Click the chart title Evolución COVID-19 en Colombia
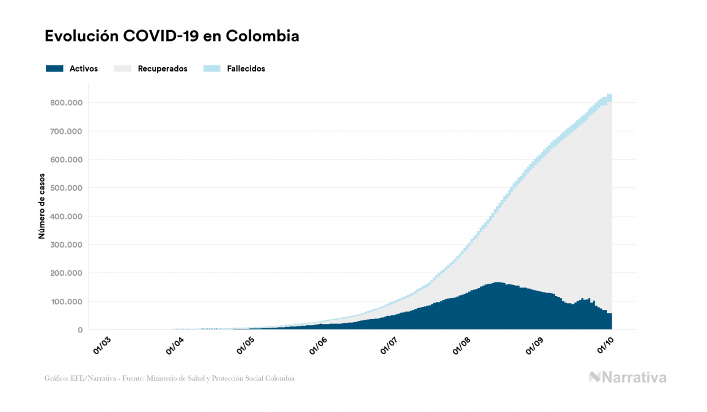tap(172, 36)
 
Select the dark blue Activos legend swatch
tap(54, 68)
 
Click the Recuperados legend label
tap(163, 69)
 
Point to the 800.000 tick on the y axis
tap(67, 103)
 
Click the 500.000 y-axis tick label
tap(67, 188)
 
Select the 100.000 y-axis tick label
tap(67, 301)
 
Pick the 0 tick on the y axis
tap(79, 330)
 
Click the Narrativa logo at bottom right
tap(628, 377)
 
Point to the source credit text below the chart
tap(169, 378)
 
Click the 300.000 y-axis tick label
tap(67, 245)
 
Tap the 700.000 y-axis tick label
tap(67, 131)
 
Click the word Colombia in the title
tap(262, 36)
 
